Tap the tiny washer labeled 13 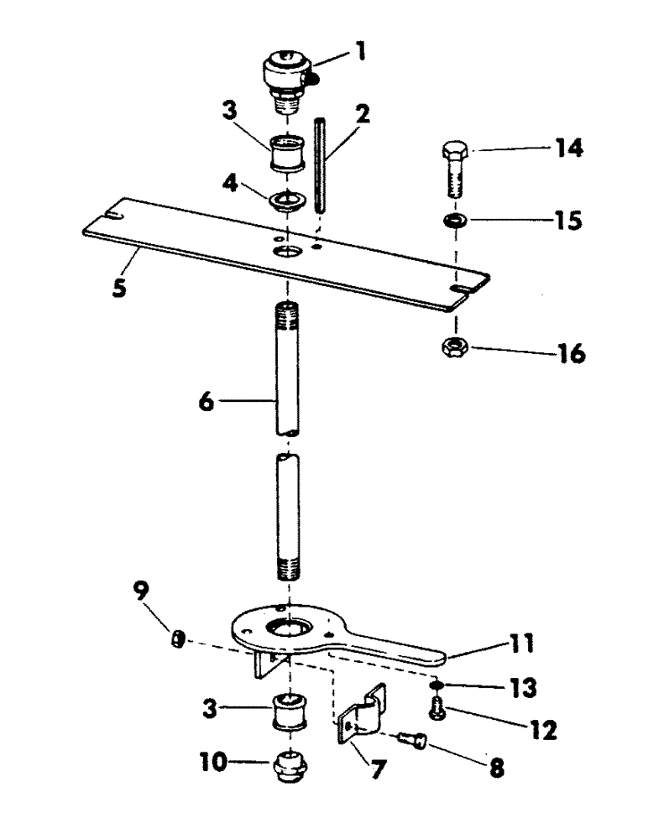tap(440, 682)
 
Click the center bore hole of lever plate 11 tap(289, 628)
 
